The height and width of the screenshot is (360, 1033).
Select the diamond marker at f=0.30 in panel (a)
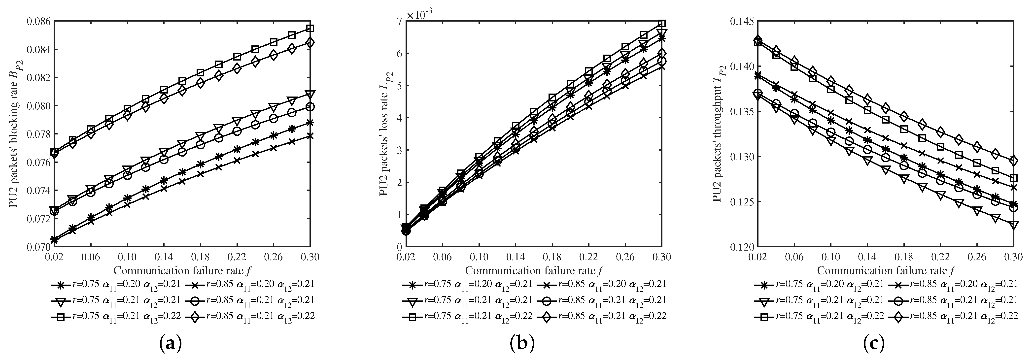coord(310,42)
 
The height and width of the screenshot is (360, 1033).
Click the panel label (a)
coord(171,344)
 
